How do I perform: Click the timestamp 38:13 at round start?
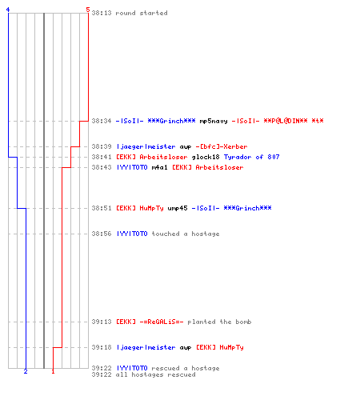click(102, 13)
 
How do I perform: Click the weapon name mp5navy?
click(214, 121)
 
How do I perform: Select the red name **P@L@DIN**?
click(286, 121)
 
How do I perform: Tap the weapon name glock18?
click(206, 157)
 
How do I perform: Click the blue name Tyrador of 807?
click(251, 157)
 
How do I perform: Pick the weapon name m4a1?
click(159, 167)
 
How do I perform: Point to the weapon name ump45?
click(178, 208)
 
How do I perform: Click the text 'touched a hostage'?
click(186, 234)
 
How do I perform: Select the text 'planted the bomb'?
click(219, 322)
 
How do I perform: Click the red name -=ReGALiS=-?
click(162, 322)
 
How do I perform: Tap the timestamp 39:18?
click(102, 347)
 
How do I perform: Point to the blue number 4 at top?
click(8, 10)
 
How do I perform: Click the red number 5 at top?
click(88, 10)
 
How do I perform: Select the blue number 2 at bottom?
click(26, 371)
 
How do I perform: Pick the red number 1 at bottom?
click(53, 371)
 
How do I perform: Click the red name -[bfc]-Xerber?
click(222, 146)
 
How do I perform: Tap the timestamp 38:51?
click(102, 208)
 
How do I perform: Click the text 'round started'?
click(142, 13)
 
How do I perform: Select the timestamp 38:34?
click(102, 121)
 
